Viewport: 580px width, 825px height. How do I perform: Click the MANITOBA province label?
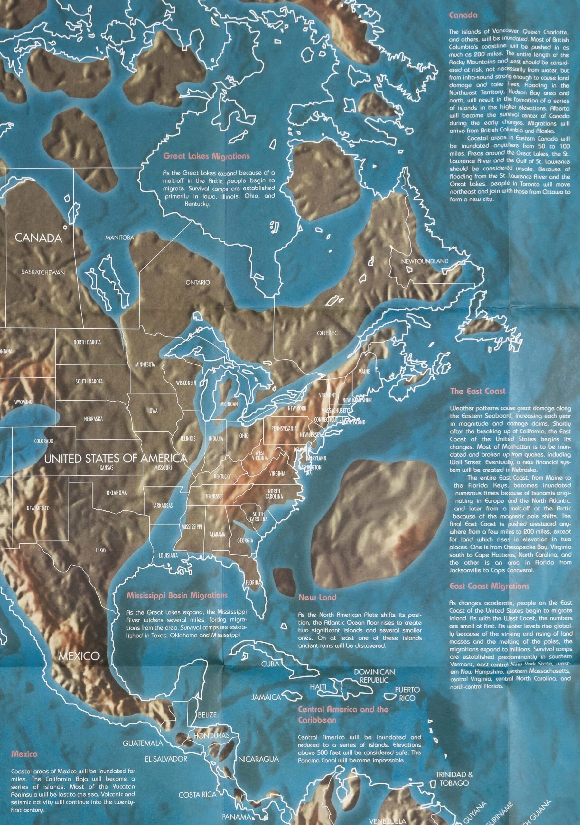point(119,238)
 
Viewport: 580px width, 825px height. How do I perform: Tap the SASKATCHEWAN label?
point(43,272)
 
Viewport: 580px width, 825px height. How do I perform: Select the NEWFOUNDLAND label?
point(425,261)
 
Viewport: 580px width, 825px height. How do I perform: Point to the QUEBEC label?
point(327,333)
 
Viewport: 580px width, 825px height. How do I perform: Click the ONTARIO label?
point(197,282)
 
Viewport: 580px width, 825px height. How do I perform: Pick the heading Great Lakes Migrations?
point(206,156)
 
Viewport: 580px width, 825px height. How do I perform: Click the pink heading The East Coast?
point(477,391)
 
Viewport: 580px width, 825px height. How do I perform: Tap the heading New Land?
point(317,597)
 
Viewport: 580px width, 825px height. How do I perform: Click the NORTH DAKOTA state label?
point(87,342)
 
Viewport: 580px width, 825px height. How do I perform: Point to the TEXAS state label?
point(101,550)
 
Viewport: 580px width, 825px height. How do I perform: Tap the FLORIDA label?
point(253,582)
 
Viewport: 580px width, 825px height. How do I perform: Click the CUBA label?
point(270,664)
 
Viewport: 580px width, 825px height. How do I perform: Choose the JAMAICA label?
point(266,697)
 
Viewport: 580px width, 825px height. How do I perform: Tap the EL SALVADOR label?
point(165,759)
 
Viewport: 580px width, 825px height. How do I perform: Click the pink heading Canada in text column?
point(463,15)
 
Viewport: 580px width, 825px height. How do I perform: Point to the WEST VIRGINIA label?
point(261,455)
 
